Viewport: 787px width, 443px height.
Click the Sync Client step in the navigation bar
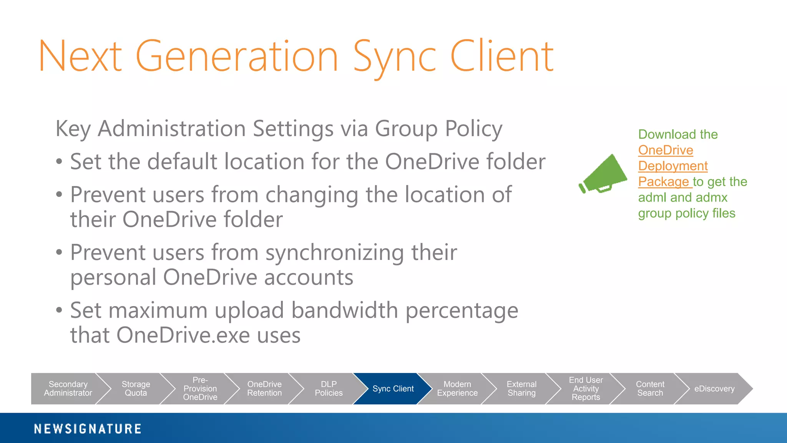(x=393, y=389)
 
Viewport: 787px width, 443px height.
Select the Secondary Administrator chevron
(x=68, y=389)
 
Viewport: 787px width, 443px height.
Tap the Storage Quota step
(x=136, y=389)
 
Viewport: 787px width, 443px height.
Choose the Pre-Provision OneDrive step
(x=200, y=389)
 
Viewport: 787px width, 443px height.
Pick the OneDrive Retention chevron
(x=264, y=389)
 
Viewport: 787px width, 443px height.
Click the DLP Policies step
(x=329, y=389)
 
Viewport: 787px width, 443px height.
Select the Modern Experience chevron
(x=457, y=389)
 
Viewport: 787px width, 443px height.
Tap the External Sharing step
(x=521, y=389)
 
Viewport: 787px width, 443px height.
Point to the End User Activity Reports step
(x=586, y=389)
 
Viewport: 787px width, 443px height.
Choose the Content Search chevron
(x=650, y=389)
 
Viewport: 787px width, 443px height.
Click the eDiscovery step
(x=714, y=389)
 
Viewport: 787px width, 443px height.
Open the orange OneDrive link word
(x=666, y=150)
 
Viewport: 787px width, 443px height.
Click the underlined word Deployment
(x=673, y=166)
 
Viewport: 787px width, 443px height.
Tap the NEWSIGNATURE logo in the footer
(x=88, y=429)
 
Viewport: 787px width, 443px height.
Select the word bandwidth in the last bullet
(x=344, y=310)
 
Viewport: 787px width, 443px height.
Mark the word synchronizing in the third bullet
(x=334, y=253)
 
